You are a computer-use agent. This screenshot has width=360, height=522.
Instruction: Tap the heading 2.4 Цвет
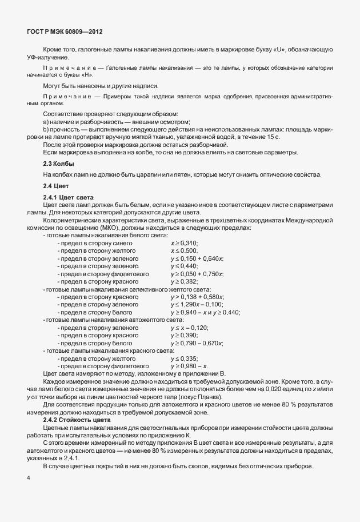tap(57, 186)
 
